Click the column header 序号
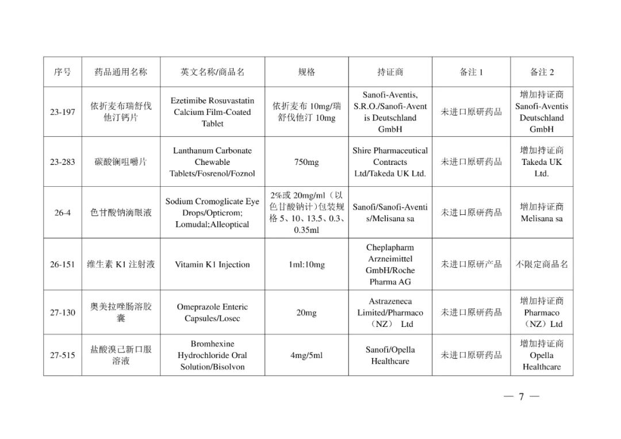[62, 72]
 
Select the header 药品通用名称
[121, 72]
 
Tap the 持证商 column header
[390, 72]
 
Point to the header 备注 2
[541, 72]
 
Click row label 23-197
[62, 112]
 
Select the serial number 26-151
[62, 264]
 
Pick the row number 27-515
[62, 355]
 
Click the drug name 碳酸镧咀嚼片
[121, 162]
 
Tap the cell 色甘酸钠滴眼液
[121, 213]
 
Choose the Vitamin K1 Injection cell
[212, 264]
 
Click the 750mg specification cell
[306, 162]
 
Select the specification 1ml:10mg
[306, 264]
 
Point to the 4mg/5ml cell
[306, 355]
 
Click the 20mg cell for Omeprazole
[306, 313]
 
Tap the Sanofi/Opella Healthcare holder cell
[390, 355]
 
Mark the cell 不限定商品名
[541, 264]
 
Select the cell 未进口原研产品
[471, 264]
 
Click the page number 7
[521, 396]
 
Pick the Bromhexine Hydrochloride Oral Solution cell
[212, 355]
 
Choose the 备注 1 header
[471, 72]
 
